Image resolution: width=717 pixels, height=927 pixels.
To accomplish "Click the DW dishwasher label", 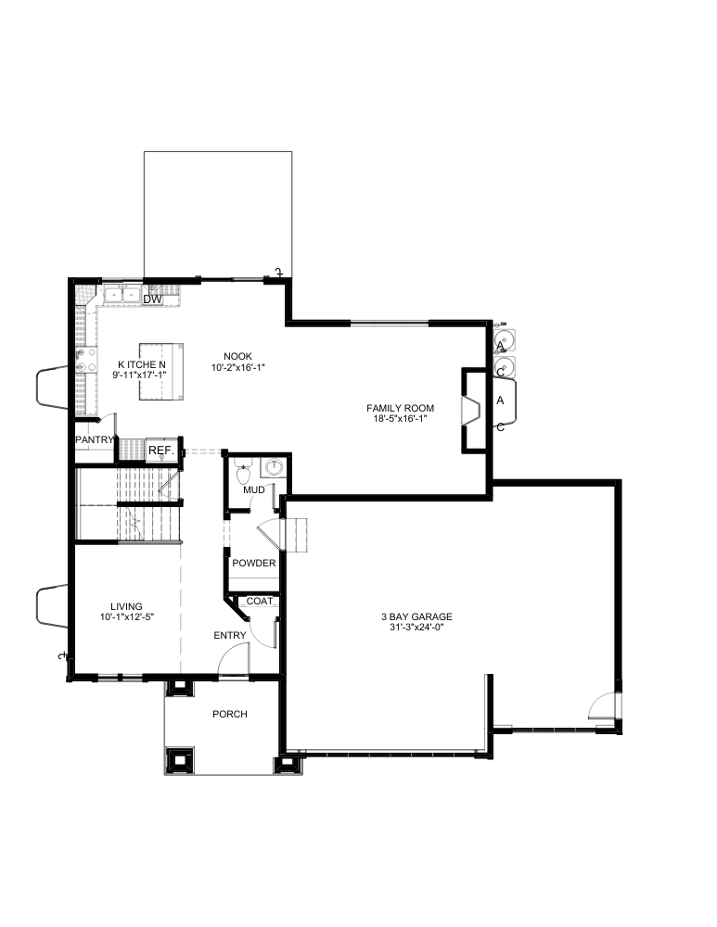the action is [153, 299].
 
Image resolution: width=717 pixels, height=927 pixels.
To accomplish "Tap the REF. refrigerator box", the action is [161, 451].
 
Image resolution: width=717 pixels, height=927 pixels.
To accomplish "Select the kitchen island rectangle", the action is [160, 372].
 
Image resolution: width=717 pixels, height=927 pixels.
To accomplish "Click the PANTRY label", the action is [95, 439].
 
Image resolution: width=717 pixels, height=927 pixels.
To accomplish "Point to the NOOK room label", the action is [237, 357].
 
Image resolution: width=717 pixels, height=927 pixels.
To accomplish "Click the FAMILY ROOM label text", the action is [401, 408].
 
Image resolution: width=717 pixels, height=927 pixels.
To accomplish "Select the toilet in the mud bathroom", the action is [242, 471].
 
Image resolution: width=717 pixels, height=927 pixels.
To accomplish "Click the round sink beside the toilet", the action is [274, 467].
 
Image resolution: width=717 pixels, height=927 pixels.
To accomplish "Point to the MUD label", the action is [254, 490].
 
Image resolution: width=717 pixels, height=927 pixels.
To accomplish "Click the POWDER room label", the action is [254, 563].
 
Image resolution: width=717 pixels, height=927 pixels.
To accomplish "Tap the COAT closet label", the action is [260, 602].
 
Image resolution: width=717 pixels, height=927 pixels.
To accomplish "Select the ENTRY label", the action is [230, 636].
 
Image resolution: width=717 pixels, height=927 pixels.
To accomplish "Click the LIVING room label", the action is [126, 606].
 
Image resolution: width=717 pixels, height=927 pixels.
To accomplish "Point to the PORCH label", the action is [230, 714].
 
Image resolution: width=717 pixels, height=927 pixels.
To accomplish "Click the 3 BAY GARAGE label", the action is [416, 616].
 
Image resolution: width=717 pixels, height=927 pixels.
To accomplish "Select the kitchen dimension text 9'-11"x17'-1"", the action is [140, 375].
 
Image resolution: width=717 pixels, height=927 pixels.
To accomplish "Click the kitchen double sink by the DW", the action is [122, 295].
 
